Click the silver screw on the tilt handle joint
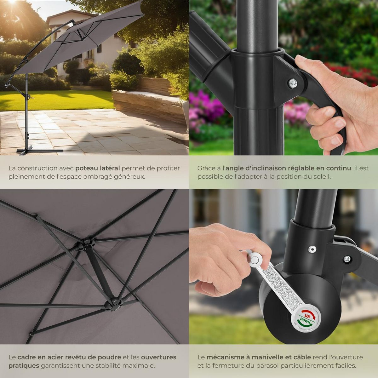pyautogui.click(x=293, y=83)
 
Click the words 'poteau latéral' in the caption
pyautogui.click(x=98, y=168)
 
